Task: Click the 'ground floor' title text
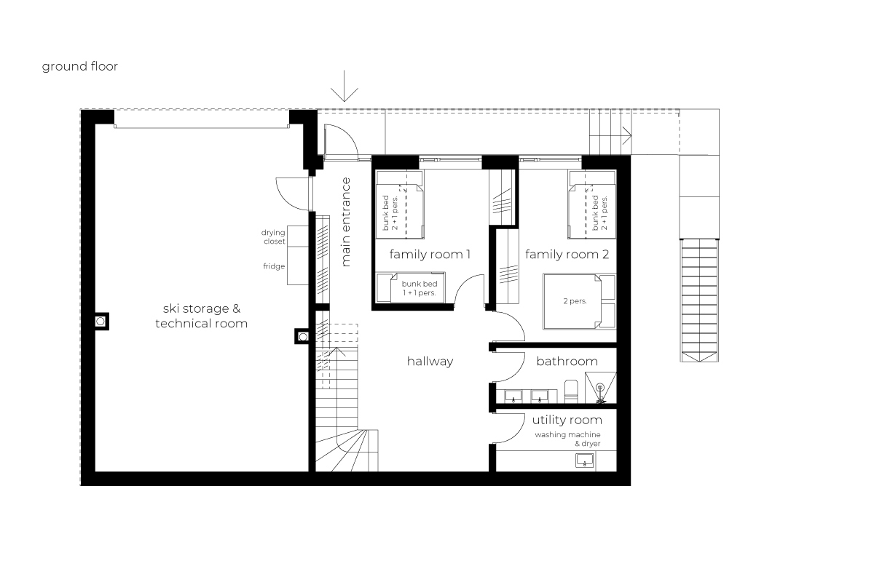click(x=79, y=67)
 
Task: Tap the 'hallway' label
click(x=430, y=362)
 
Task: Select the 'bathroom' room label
click(x=567, y=362)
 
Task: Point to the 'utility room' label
click(x=567, y=420)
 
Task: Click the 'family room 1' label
click(x=430, y=255)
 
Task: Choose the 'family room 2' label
click(x=567, y=255)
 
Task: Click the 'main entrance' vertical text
click(x=346, y=222)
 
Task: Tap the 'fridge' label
click(x=274, y=266)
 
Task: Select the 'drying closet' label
click(x=274, y=237)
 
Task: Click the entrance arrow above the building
click(x=344, y=86)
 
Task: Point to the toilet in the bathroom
click(x=571, y=391)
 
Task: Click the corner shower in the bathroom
click(x=600, y=388)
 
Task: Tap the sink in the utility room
click(x=584, y=461)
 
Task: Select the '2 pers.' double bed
click(x=579, y=301)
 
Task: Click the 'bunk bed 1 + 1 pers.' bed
click(x=410, y=287)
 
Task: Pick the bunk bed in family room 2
click(x=592, y=204)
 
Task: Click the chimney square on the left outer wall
click(x=101, y=322)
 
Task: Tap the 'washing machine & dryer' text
click(x=567, y=439)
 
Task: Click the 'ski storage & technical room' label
click(x=201, y=316)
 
